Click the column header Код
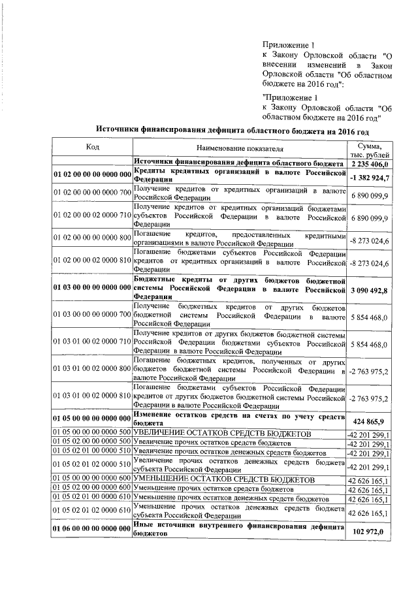tap(92, 146)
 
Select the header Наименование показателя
tap(238, 150)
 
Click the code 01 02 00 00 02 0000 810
tap(92, 263)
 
